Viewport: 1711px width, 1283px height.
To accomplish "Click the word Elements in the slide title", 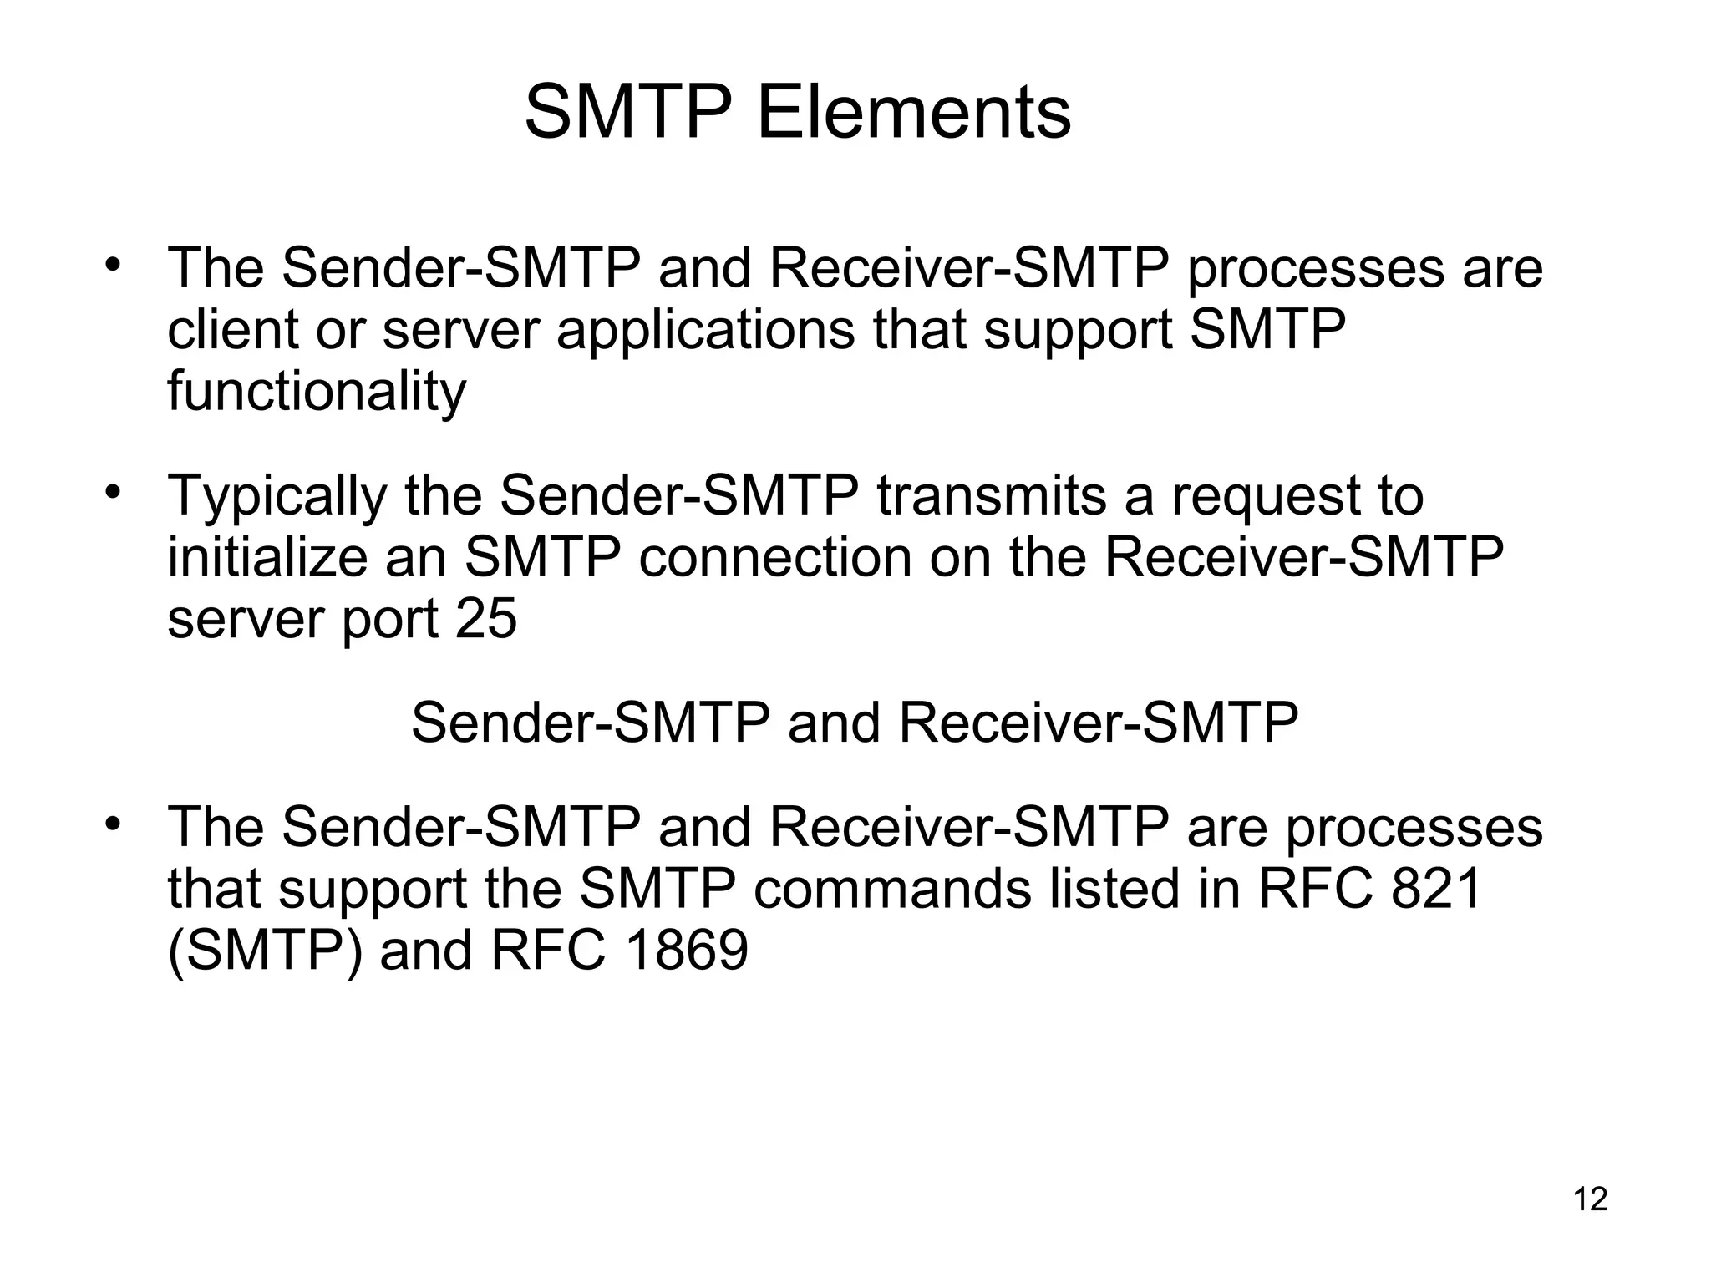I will pyautogui.click(x=913, y=113).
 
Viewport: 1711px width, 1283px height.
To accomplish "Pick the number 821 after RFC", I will pyautogui.click(x=1437, y=888).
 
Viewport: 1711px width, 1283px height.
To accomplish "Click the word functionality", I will pyautogui.click(x=317, y=391).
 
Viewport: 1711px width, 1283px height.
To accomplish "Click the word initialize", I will pyautogui.click(x=267, y=557).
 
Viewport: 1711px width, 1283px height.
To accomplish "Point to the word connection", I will pyautogui.click(x=774, y=557).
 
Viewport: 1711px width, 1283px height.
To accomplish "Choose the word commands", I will pyautogui.click(x=892, y=888).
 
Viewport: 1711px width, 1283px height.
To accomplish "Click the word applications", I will pyautogui.click(x=705, y=329).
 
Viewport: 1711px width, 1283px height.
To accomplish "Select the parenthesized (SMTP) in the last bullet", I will pyautogui.click(x=265, y=950).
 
